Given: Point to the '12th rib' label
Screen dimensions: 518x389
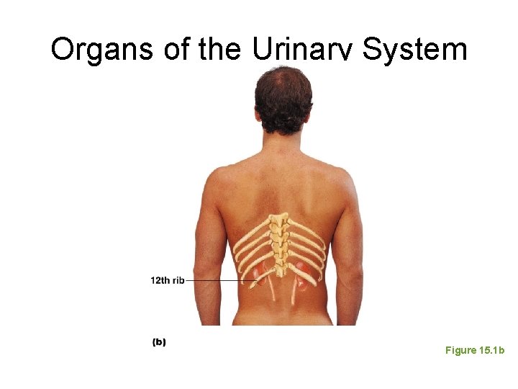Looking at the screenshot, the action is [167, 280].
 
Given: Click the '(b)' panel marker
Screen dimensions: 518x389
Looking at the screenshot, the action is [159, 342].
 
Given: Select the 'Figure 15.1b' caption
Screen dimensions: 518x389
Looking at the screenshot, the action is [475, 350].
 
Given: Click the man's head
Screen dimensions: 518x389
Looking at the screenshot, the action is [283, 101].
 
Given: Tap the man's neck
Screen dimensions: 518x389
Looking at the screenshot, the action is [283, 148].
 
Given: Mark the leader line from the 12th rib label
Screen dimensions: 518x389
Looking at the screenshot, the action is [216, 280].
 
